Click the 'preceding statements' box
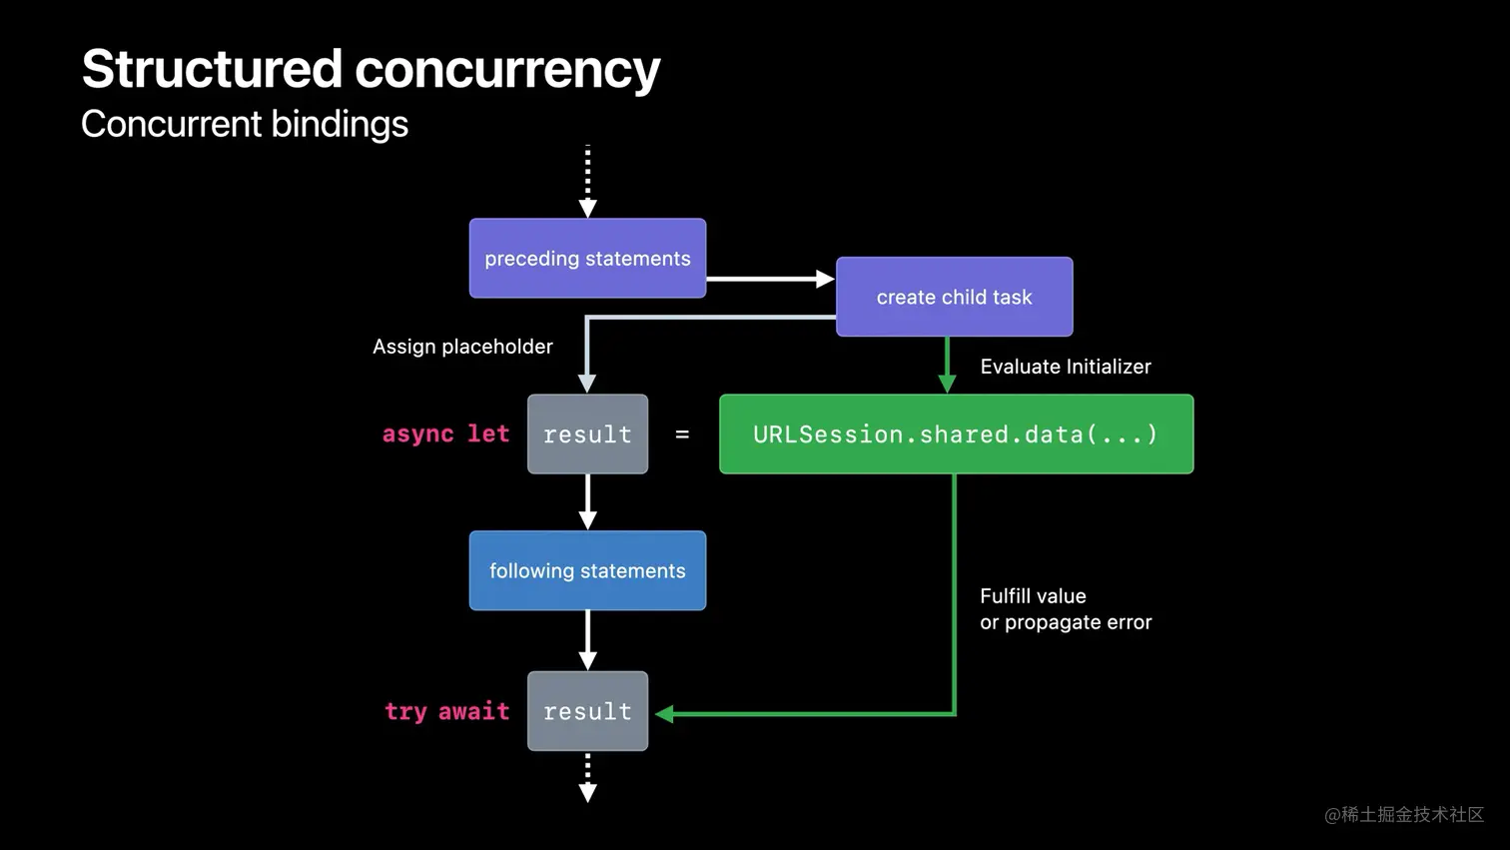[x=587, y=258]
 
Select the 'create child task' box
[x=954, y=297]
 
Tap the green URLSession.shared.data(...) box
[x=956, y=433]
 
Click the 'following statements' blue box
[x=587, y=570]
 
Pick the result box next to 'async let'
[x=587, y=433]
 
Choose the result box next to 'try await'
[x=587, y=711]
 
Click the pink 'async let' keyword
[x=445, y=433]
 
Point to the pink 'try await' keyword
[x=446, y=711]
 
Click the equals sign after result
[x=682, y=434]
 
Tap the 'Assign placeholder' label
[x=462, y=347]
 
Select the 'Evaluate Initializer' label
[x=1065, y=367]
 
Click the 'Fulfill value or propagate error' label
[x=1065, y=609]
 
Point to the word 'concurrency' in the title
[x=507, y=69]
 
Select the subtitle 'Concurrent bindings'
[x=245, y=124]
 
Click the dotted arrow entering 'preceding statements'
[x=587, y=181]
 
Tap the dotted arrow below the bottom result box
[x=587, y=777]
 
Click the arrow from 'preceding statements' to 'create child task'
[x=769, y=279]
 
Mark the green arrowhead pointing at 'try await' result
[x=665, y=713]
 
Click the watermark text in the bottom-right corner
[x=1403, y=814]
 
